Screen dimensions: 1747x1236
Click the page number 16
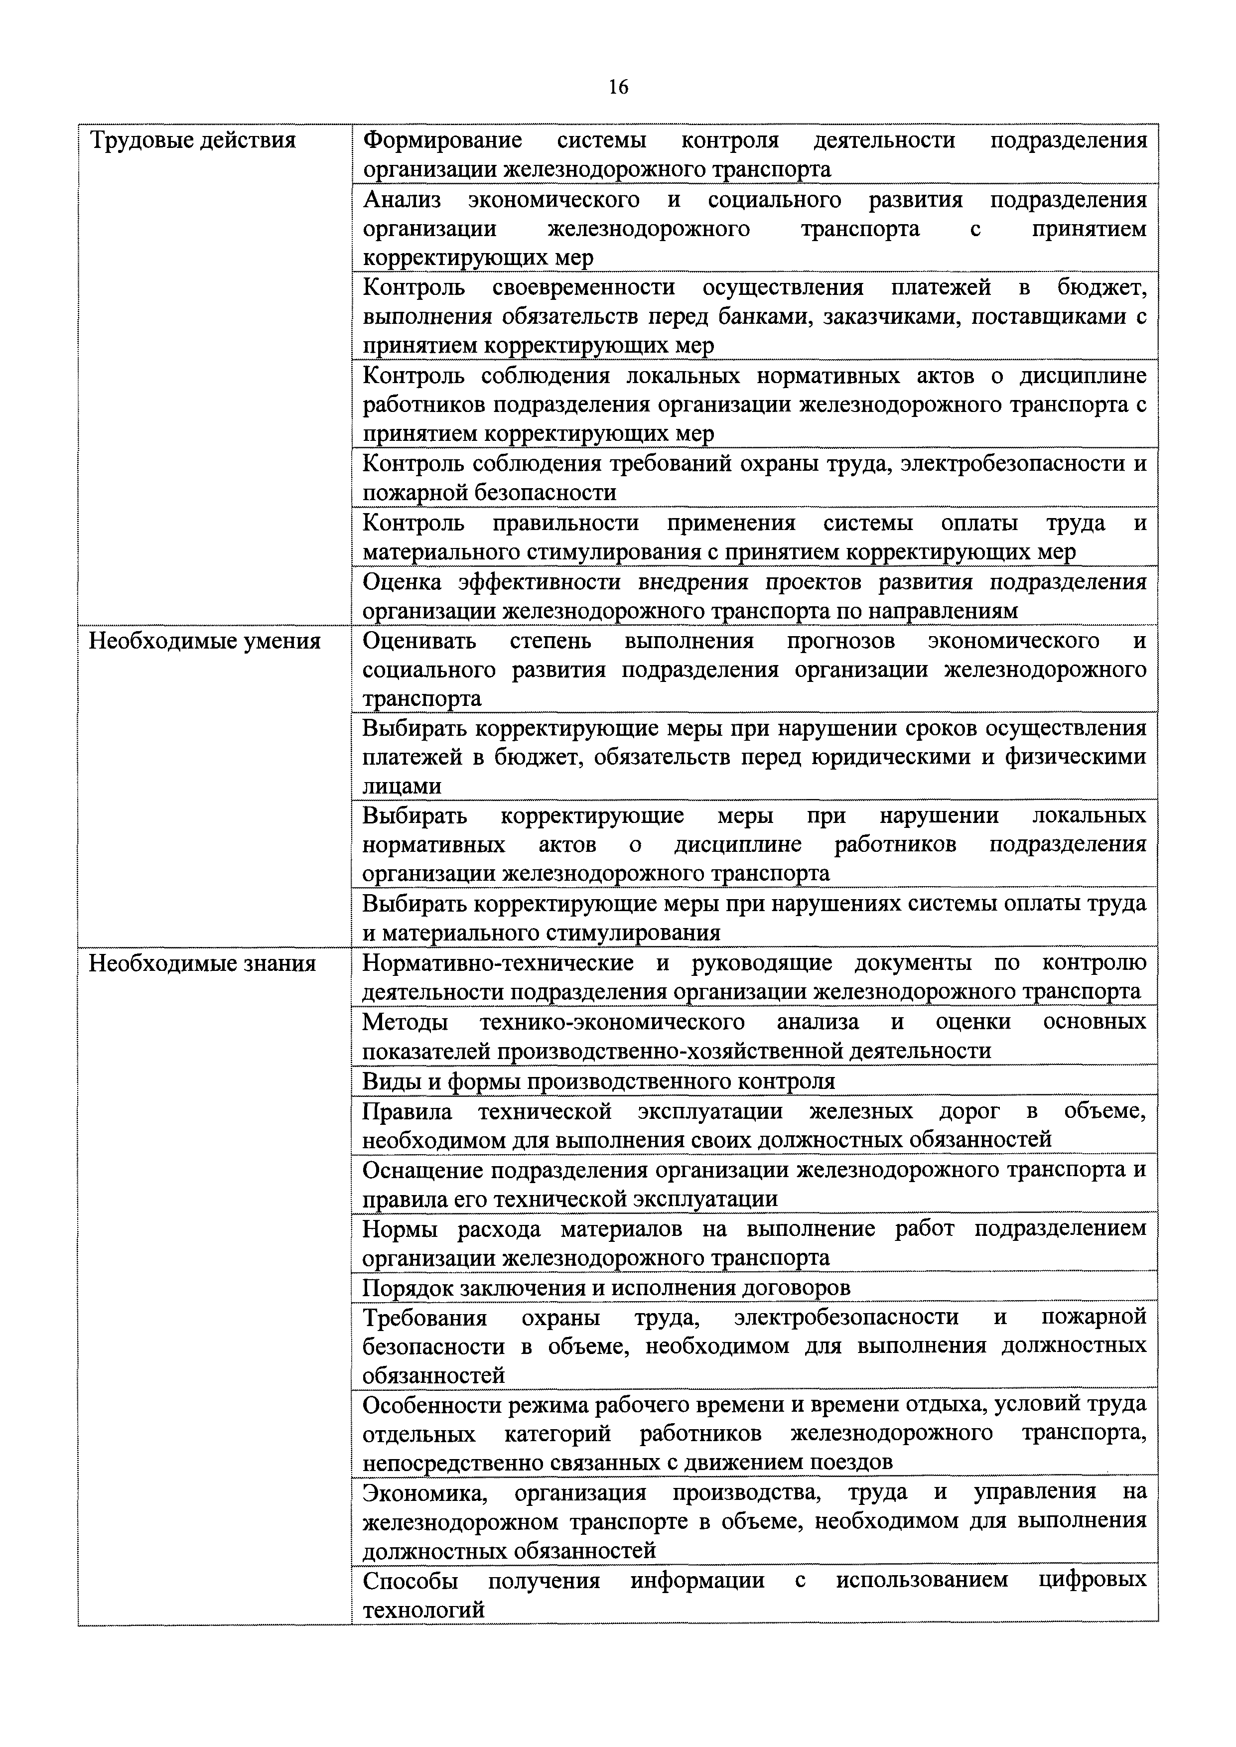618,88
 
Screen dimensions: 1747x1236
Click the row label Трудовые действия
193,141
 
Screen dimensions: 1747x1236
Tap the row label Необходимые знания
202,963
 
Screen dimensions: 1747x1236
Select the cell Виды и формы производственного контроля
598,1080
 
